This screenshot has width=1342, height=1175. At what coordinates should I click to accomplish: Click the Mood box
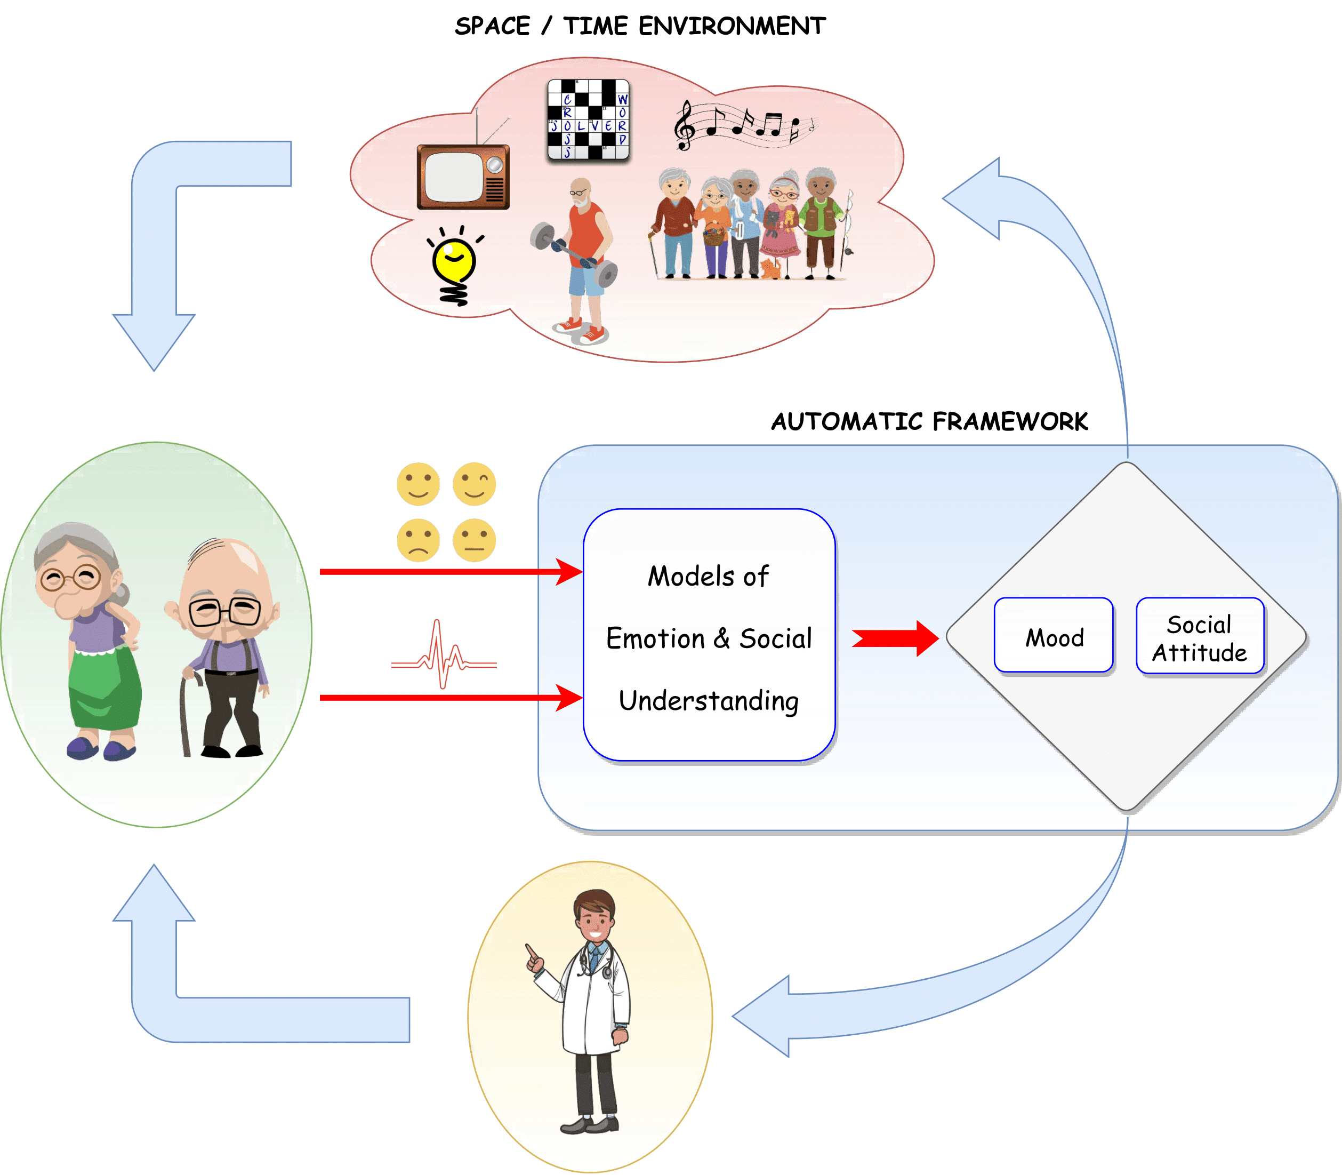coord(1054,635)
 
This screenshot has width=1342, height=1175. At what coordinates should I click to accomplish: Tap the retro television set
coord(463,177)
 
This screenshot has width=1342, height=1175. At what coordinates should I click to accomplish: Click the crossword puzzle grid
coord(588,119)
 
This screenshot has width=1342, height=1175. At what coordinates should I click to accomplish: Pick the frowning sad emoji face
coord(418,540)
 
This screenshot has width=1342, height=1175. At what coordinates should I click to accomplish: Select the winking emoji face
coord(474,484)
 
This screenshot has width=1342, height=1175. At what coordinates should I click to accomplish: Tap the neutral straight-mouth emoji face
coord(474,540)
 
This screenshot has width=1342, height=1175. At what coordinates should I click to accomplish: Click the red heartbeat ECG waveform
coord(444,656)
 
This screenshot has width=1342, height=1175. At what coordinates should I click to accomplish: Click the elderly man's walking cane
coord(186,715)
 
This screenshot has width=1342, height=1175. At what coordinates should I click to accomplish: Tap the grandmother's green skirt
coord(105,689)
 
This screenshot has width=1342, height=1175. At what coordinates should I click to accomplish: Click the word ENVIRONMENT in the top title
coord(732,26)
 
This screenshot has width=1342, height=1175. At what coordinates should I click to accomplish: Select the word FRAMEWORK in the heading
coord(1010,421)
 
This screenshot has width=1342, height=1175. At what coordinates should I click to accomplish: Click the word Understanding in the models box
coord(709,701)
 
